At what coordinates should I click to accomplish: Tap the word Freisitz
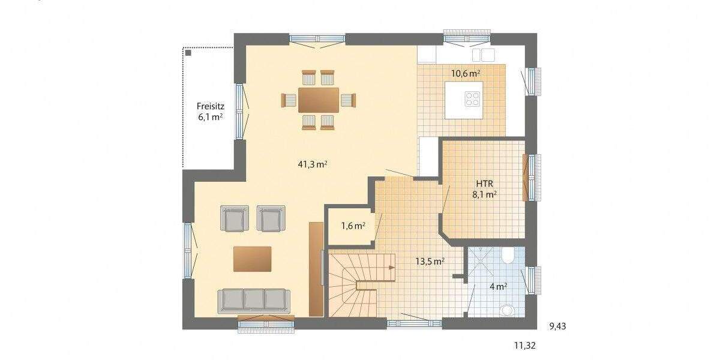(x=211, y=106)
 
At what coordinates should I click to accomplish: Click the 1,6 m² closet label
(x=353, y=226)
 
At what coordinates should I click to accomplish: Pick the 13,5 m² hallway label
(x=430, y=261)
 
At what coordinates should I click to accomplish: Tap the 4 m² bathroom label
(x=499, y=286)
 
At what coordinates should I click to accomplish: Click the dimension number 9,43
(x=557, y=326)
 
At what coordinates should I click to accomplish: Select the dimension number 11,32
(x=523, y=346)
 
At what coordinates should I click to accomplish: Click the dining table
(x=318, y=99)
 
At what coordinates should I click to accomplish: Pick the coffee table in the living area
(x=252, y=258)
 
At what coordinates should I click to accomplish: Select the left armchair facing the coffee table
(x=235, y=218)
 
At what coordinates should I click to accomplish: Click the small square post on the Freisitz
(x=189, y=53)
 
